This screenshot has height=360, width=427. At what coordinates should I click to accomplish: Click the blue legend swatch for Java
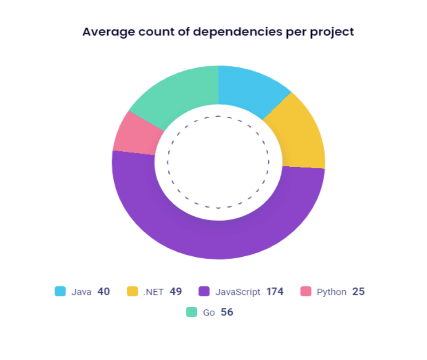60,291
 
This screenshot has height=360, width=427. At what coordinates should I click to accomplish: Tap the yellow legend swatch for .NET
132,291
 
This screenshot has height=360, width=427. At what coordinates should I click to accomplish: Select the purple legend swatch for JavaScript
204,291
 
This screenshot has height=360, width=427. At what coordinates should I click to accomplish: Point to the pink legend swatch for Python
306,291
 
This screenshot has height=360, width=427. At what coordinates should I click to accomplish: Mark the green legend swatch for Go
192,312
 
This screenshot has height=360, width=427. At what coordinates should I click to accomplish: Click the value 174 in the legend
275,291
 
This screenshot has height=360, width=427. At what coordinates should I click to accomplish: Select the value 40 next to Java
103,291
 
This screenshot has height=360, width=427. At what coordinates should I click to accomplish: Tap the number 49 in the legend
176,291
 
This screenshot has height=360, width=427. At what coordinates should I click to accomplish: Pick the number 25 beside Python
358,291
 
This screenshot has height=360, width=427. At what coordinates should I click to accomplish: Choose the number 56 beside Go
227,312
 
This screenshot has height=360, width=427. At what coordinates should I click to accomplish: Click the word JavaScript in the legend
238,292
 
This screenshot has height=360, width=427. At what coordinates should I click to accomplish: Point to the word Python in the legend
332,292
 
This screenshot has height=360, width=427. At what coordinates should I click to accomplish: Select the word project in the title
334,32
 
